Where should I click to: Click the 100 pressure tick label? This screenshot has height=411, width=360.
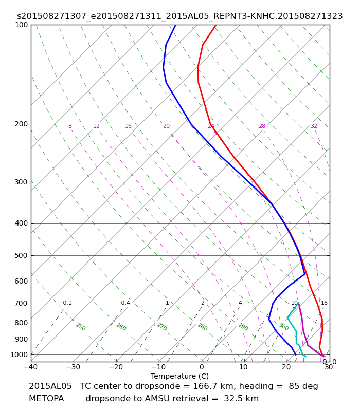pos(22,25)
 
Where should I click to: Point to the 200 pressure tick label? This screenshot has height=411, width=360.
pos(22,124)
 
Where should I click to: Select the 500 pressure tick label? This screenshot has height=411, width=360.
pos(22,255)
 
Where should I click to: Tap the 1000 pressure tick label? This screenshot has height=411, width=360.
pos(20,354)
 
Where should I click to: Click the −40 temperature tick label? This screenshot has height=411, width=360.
pos(30,367)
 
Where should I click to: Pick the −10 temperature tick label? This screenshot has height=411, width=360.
pos(158,367)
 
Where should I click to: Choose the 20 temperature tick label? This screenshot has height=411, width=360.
pos(286,367)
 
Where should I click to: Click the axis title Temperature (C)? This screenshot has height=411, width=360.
pos(179,376)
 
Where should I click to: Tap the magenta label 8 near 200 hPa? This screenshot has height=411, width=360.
pos(70,126)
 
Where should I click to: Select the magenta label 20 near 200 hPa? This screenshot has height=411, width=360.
pos(166,126)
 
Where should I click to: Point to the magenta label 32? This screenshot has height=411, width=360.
pos(314,126)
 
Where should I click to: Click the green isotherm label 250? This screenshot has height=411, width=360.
pos(80,327)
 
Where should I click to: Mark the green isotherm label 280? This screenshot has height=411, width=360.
pos(202,327)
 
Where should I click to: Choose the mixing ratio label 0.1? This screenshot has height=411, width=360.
pos(67,303)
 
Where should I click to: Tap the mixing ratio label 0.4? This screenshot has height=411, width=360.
pos(125,303)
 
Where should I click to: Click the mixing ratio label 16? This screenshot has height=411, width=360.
pos(324,303)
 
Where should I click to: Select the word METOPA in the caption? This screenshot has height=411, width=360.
pos(46,399)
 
